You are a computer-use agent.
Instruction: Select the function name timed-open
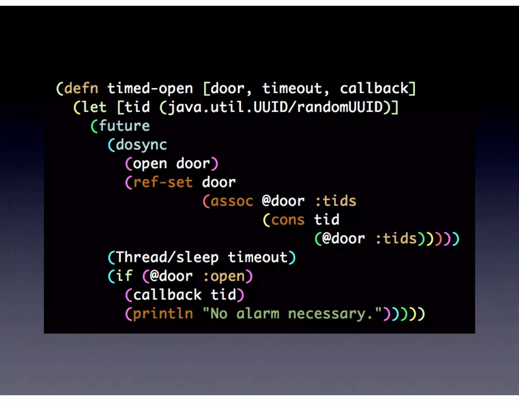pyautogui.click(x=150, y=88)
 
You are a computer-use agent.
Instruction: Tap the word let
pyautogui.click(x=94, y=107)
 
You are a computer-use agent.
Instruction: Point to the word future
pyautogui.click(x=124, y=126)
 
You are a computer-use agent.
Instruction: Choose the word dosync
pyautogui.click(x=141, y=145)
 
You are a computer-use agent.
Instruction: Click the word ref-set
pyautogui.click(x=163, y=182)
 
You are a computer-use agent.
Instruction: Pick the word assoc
pyautogui.click(x=232, y=201)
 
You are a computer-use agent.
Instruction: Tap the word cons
pyautogui.click(x=288, y=220)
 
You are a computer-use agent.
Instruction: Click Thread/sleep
pyautogui.click(x=167, y=257)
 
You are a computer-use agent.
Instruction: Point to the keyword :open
pyautogui.click(x=224, y=276)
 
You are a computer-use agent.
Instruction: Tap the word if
pyautogui.click(x=124, y=276)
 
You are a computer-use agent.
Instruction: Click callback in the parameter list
pyautogui.click(x=374, y=88)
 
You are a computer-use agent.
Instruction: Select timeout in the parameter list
pyautogui.click(x=292, y=88)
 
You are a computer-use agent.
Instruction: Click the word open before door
pyautogui.click(x=150, y=163)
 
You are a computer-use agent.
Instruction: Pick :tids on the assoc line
pyautogui.click(x=336, y=201)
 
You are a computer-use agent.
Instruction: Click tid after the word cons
pyautogui.click(x=327, y=220)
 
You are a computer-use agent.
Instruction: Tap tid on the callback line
pyautogui.click(x=223, y=295)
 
